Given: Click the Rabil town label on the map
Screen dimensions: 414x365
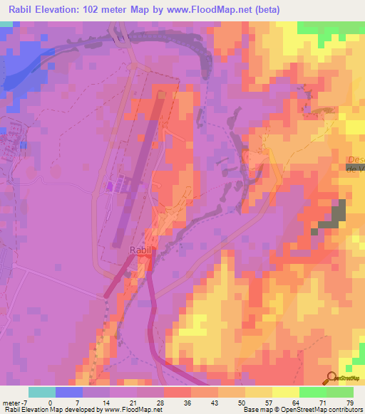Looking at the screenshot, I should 140,250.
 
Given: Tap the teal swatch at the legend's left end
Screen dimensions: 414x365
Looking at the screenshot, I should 42,392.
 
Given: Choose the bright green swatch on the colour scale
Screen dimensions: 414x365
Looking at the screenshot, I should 312,392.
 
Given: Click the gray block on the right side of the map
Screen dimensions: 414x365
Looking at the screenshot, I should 331,217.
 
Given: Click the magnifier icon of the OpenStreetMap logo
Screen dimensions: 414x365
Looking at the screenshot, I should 331,378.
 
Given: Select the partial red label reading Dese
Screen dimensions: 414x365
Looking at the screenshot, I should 355,160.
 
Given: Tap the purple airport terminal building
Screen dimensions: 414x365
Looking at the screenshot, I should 110,186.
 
